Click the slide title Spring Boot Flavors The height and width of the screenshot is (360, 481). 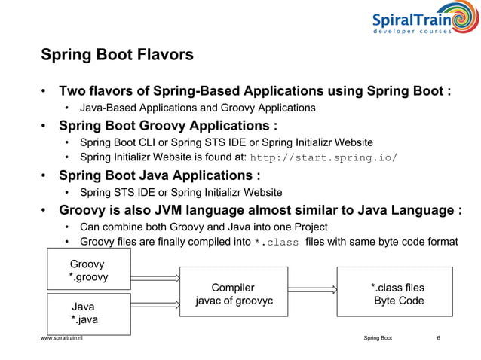pyautogui.click(x=117, y=55)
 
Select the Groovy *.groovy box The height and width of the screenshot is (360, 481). pyautogui.click(x=88, y=270)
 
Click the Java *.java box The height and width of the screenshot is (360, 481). pyautogui.click(x=88, y=313)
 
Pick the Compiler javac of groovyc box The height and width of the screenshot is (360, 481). pyautogui.click(x=233, y=294)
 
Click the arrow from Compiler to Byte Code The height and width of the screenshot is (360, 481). pyautogui.click(x=312, y=287)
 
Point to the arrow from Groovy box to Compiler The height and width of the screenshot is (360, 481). pyautogui.click(x=155, y=277)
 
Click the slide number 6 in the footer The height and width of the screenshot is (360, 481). pyautogui.click(x=439, y=340)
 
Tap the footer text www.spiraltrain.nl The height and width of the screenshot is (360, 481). pyautogui.click(x=63, y=340)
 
